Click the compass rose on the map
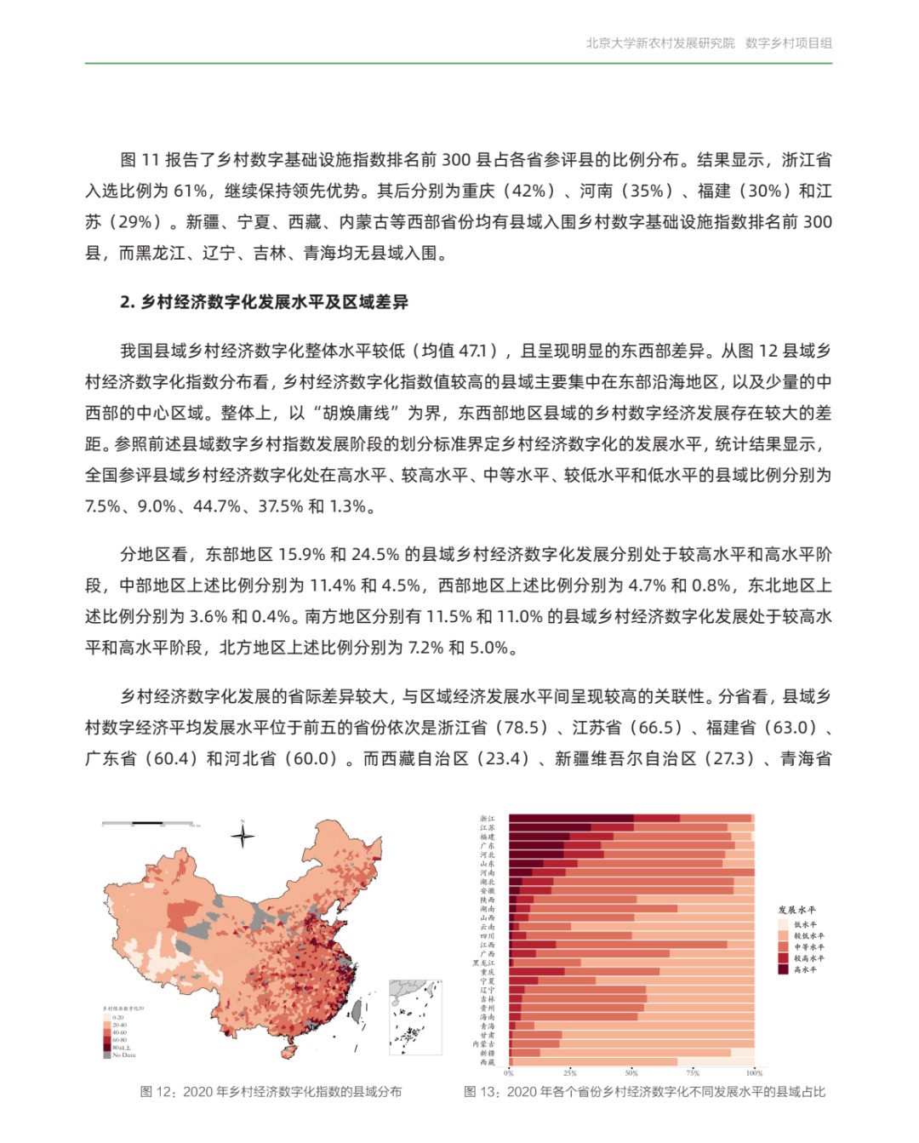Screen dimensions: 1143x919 (243, 836)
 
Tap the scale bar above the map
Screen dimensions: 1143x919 (150, 824)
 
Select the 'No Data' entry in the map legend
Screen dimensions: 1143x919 (120, 1055)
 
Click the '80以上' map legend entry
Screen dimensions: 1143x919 (118, 1048)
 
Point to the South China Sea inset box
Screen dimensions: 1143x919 (415, 1018)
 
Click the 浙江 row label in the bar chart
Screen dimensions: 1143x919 (487, 819)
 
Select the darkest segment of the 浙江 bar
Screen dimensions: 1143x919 (571, 819)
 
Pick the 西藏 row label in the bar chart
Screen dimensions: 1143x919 (487, 1062)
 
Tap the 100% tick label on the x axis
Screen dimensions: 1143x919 (754, 1073)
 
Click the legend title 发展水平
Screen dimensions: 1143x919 (796, 910)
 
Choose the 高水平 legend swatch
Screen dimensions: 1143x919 (783, 969)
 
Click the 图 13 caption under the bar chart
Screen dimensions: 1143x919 (644, 1092)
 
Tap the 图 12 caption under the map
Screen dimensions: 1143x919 (271, 1092)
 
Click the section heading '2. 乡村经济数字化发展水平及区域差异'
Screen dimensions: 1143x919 (264, 302)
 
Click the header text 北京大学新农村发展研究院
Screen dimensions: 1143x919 (659, 43)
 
